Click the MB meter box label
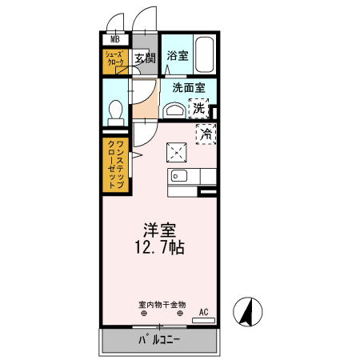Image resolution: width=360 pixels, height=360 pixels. pos(114,38)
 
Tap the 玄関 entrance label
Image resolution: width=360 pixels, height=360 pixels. pos(144,58)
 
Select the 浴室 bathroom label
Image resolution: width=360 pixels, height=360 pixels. pos(177,56)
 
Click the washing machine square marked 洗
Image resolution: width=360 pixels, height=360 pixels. pos(198,108)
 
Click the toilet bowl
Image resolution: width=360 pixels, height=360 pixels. pos(115,110)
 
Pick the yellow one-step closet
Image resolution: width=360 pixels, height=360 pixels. pos(114,164)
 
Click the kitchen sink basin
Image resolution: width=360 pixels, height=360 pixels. pos(178,175)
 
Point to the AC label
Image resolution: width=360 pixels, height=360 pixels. pos(203,311)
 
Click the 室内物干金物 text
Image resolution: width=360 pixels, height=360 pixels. pos(162,305)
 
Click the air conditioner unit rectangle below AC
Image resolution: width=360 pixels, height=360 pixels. pos(203,322)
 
